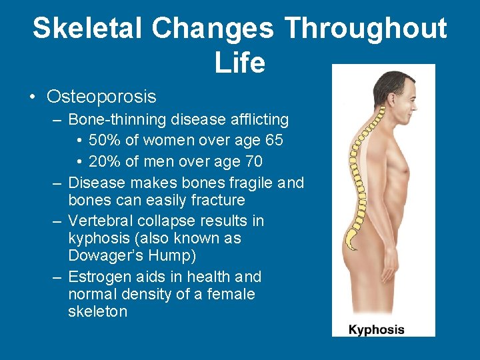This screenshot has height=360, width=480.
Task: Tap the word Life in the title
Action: pyautogui.click(x=240, y=63)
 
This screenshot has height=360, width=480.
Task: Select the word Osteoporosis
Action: pyautogui.click(x=101, y=97)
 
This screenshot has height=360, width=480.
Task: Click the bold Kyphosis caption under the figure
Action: pyautogui.click(x=377, y=329)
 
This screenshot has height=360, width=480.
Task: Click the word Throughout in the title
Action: pyautogui.click(x=365, y=29)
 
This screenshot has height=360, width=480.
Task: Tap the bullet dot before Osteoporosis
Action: pyautogui.click(x=33, y=97)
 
